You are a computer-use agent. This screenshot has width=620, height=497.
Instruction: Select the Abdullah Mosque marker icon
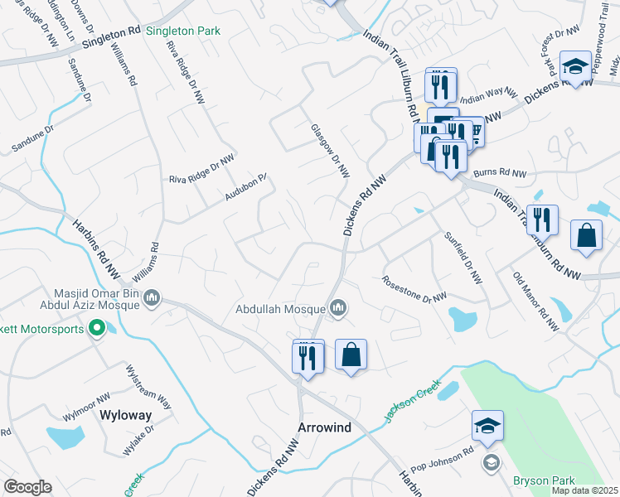pyautogui.click(x=338, y=310)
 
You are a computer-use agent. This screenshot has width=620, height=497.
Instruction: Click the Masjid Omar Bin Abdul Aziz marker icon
pyautogui.click(x=152, y=298)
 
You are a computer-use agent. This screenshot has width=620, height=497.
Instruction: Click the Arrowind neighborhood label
pyautogui.click(x=324, y=427)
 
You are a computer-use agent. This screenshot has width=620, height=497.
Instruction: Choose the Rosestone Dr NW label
pyautogui.click(x=414, y=288)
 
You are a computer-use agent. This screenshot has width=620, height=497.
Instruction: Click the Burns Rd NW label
pyautogui.click(x=501, y=173)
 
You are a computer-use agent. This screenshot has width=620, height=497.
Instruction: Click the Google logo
pyautogui.click(x=27, y=486)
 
